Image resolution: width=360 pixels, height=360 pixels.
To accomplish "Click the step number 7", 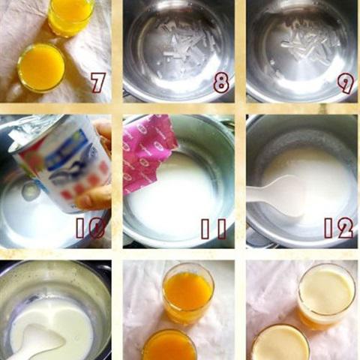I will pyautogui.click(x=97, y=82).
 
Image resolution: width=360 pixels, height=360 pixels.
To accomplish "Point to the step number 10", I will pyautogui.click(x=90, y=228).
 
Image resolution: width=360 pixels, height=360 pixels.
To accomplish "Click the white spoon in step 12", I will pyautogui.click(x=277, y=197).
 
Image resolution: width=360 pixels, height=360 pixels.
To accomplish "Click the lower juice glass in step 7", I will pyautogui.click(x=41, y=67).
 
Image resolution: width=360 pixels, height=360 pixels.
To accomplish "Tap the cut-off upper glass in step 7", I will pyautogui.click(x=70, y=15).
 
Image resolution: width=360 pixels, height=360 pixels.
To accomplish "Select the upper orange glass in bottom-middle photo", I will pyautogui.click(x=187, y=292).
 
